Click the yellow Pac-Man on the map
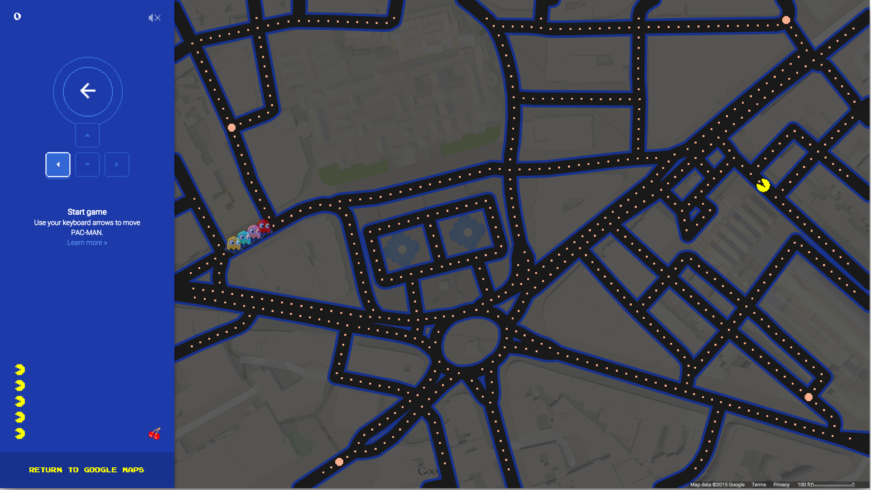point(763,185)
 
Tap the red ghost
point(264,226)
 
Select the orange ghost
point(233,243)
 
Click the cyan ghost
point(244,238)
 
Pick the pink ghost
point(254,232)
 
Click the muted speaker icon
point(154,18)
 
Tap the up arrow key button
point(87,135)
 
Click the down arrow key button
point(87,164)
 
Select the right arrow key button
point(117,164)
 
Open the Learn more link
point(87,243)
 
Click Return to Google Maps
point(87,470)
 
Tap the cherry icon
point(154,434)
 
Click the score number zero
point(17,16)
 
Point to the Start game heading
point(87,212)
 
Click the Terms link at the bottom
point(759,485)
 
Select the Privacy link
point(781,485)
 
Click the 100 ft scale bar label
point(805,485)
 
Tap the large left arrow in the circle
point(87,91)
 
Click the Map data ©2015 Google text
point(717,485)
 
